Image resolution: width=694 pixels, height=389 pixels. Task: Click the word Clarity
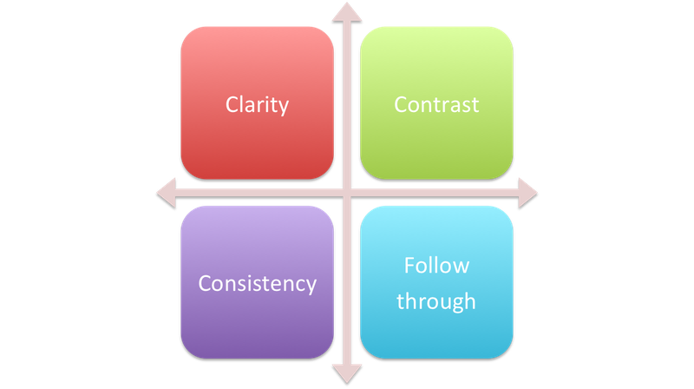[257, 105]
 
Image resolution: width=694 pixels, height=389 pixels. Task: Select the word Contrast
[436, 105]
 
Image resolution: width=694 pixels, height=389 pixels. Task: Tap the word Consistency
[257, 284]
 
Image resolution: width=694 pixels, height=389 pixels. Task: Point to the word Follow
[436, 266]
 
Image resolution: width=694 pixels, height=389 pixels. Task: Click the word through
[436, 301]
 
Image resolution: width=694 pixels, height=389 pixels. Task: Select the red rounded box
[257, 102]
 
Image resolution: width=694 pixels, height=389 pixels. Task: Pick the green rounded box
[436, 102]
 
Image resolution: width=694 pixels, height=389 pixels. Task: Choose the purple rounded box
[257, 282]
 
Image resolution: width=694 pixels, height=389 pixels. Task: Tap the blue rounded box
[436, 282]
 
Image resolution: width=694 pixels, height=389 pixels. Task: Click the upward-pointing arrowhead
[347, 12]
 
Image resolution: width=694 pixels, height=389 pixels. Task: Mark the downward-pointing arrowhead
[347, 374]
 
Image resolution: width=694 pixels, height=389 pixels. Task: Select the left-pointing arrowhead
[167, 193]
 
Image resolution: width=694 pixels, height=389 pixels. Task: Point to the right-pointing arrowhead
[527, 193]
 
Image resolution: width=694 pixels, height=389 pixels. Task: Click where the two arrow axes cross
[347, 193]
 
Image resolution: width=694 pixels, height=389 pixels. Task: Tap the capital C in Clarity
[232, 105]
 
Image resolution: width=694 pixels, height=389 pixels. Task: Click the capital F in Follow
[409, 266]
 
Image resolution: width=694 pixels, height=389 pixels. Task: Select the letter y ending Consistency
[311, 287]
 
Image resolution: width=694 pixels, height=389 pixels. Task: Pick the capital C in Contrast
[401, 105]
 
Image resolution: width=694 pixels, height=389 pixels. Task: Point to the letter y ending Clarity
[284, 109]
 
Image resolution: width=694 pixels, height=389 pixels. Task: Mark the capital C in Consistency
[205, 284]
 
